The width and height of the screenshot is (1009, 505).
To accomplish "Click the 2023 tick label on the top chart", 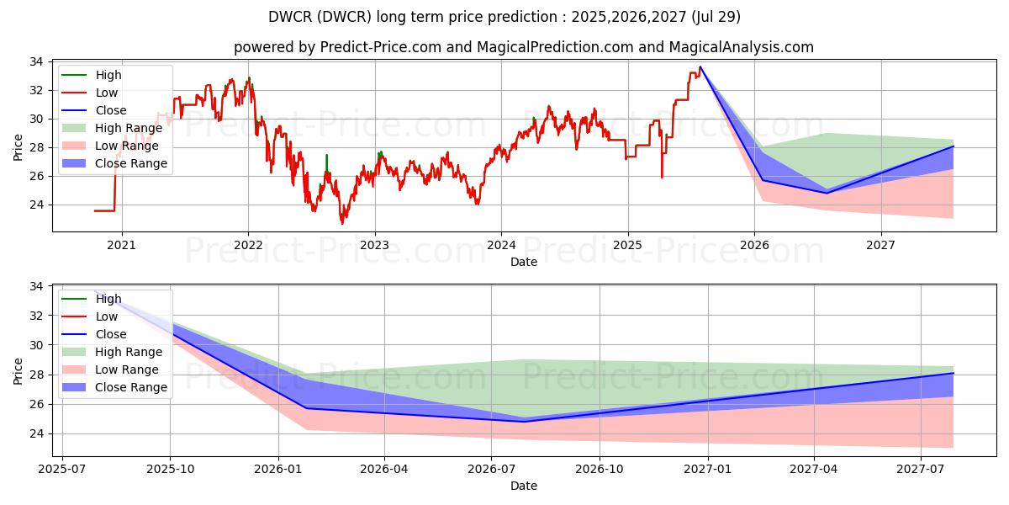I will coord(374,246).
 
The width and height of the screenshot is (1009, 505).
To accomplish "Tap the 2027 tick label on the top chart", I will coord(880,246).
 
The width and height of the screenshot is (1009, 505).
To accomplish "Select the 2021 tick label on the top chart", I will coord(122,246).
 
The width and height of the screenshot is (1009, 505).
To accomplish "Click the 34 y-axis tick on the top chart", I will coord(37,62).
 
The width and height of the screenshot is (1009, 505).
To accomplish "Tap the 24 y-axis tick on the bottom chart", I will coord(37,434).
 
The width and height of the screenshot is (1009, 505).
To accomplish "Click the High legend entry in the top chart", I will coord(108,75).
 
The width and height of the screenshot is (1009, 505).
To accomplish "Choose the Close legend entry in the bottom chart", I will coord(111,334).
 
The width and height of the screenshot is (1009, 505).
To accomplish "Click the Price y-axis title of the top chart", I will coord(18,146).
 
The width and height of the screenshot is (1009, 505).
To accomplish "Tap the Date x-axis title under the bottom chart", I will coord(523,486).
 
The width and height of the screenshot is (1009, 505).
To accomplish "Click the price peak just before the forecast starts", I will coord(700,67).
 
